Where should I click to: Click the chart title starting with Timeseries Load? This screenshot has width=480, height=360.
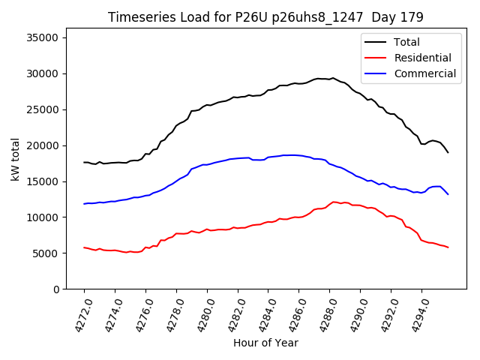click(x=265, y=17)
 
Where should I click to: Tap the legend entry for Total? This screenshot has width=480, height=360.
click(x=407, y=43)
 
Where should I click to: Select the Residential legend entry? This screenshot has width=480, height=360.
click(x=422, y=58)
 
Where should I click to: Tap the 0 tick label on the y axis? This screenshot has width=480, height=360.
click(x=55, y=289)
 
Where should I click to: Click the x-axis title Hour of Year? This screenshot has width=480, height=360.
click(x=265, y=343)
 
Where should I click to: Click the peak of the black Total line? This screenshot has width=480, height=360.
click(x=333, y=77)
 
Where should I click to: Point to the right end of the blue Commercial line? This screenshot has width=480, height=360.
click(x=448, y=194)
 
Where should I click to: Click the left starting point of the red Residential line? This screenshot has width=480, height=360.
click(x=84, y=247)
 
